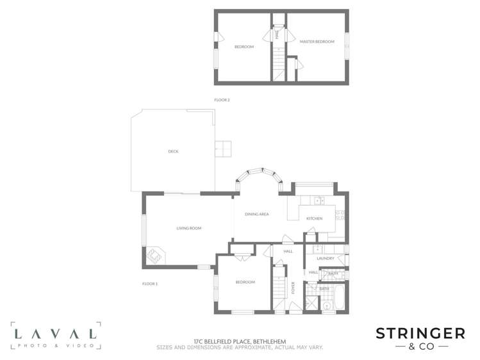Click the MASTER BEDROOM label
(x=317, y=42)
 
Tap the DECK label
(x=173, y=151)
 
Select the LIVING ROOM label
(x=189, y=228)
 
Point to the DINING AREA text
(x=256, y=214)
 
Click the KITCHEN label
(x=314, y=219)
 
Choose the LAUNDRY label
(x=326, y=258)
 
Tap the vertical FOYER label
(x=294, y=288)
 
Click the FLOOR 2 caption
(x=221, y=100)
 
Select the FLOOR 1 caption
(x=149, y=283)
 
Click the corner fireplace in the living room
(x=156, y=256)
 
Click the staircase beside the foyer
(x=279, y=286)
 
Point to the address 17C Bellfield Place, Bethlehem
(x=240, y=342)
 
